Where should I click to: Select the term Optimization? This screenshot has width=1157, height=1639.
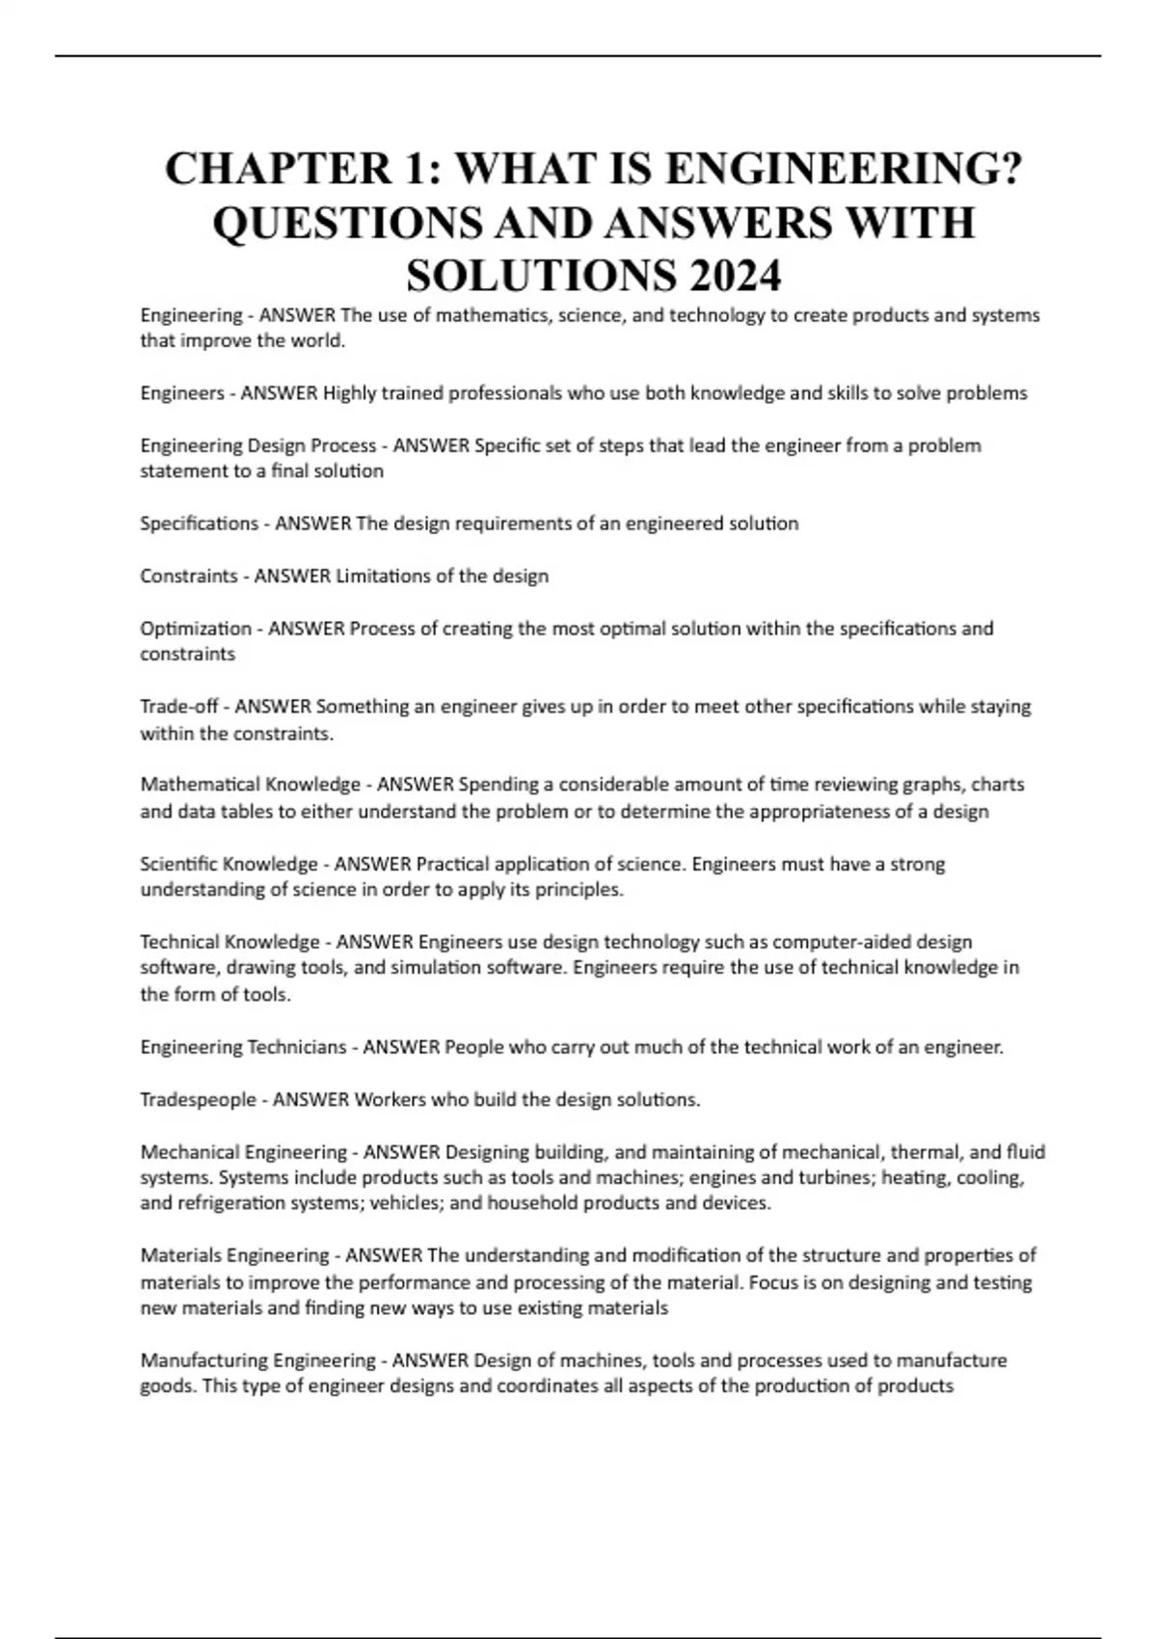point(196,629)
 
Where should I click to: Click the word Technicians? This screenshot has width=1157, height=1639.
point(297,1047)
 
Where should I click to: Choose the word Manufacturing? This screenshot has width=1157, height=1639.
point(204,1360)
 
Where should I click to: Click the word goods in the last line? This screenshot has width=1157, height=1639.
point(165,1386)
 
